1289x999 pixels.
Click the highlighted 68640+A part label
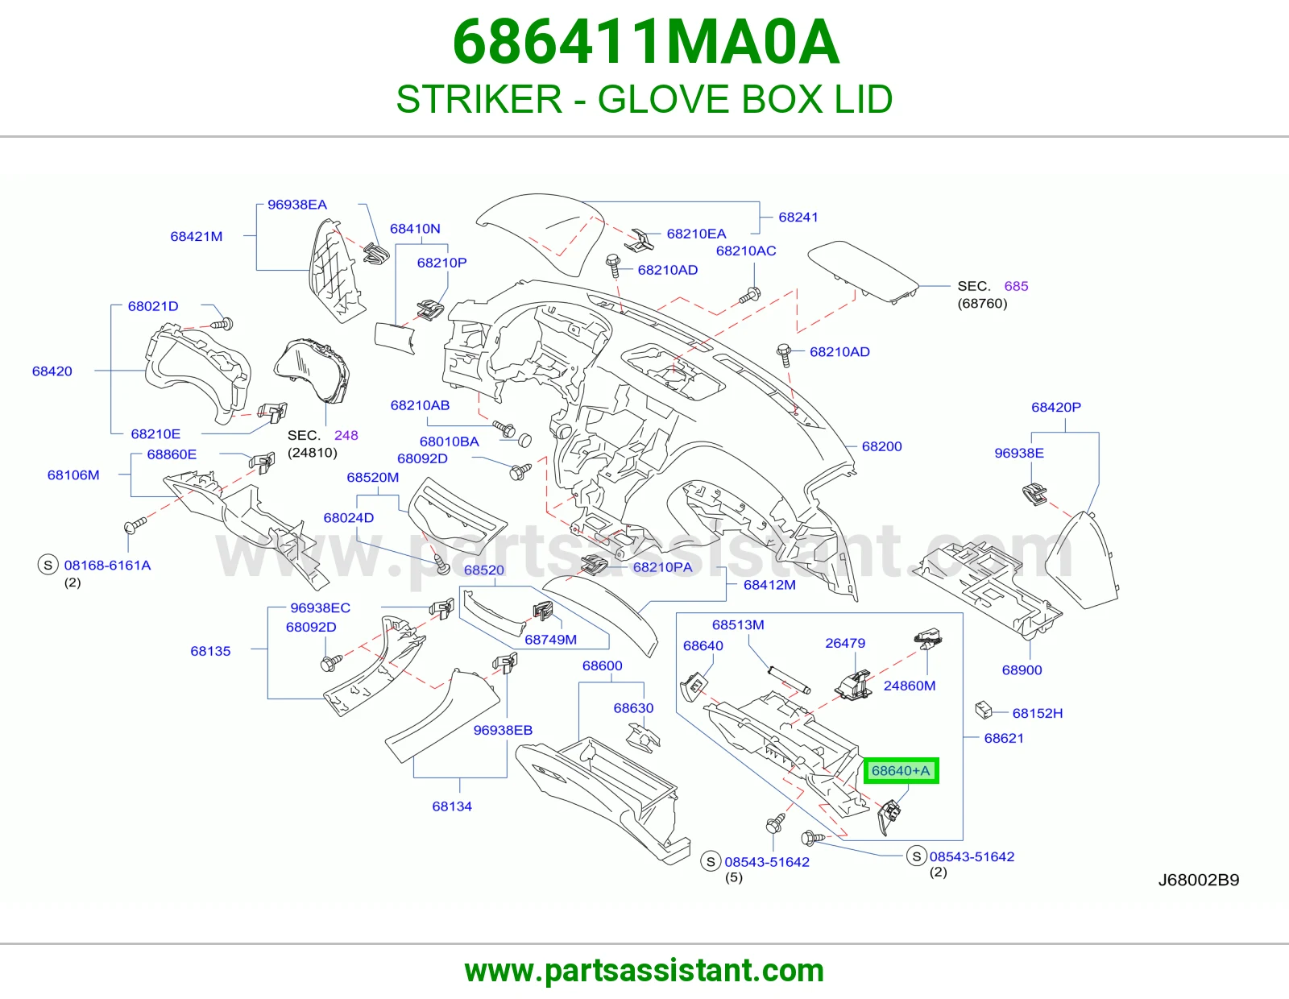click(x=901, y=771)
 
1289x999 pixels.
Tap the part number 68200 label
click(x=881, y=446)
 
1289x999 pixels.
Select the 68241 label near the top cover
click(x=798, y=218)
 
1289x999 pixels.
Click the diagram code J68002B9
click(x=1199, y=880)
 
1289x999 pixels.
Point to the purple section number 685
click(x=1016, y=286)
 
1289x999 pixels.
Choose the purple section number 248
click(x=346, y=435)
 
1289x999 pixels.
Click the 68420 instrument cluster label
click(x=52, y=371)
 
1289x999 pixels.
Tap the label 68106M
click(x=73, y=475)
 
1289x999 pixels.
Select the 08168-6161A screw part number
click(x=107, y=565)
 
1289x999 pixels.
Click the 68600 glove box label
click(x=602, y=665)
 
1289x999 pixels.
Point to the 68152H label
click(x=1038, y=713)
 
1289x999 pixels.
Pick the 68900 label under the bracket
click(x=1022, y=669)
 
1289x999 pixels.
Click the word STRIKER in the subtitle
click(x=479, y=99)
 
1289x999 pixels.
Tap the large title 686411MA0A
click(x=645, y=42)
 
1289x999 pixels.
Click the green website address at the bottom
click(x=644, y=971)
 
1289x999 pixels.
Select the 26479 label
click(x=845, y=643)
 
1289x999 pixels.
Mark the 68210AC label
click(x=746, y=251)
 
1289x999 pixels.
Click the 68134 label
click(x=452, y=806)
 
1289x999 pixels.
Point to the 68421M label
click(x=197, y=236)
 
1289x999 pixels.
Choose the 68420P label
click(x=1056, y=407)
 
